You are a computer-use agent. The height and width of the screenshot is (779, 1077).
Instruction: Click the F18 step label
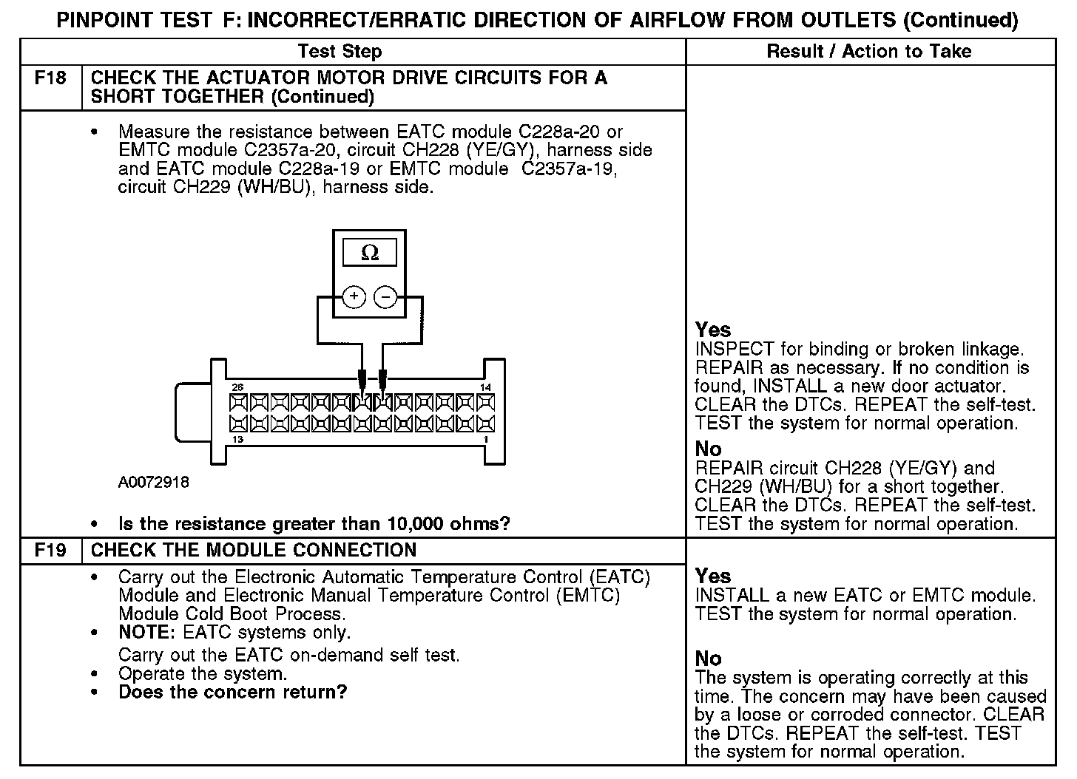coord(50,78)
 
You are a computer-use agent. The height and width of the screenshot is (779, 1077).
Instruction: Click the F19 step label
coord(50,551)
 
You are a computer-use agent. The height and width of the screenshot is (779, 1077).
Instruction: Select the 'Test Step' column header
coord(340,52)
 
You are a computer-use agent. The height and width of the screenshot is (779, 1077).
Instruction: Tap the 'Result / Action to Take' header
coord(869,52)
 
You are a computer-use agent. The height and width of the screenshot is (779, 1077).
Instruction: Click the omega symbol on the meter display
coord(369,254)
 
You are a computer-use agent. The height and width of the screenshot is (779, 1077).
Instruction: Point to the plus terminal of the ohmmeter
coord(354,297)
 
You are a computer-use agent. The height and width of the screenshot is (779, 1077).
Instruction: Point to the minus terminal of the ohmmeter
coord(385,297)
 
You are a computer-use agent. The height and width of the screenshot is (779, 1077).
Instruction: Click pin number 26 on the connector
coord(237,387)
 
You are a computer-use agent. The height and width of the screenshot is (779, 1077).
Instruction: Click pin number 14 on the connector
coord(485,387)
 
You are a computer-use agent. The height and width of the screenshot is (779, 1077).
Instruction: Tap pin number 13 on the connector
coord(237,440)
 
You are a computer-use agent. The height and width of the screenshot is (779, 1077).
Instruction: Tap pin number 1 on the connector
coord(485,440)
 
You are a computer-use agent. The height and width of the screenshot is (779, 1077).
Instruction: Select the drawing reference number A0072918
coord(154,483)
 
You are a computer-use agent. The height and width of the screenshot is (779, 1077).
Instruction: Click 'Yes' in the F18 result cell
coord(713,330)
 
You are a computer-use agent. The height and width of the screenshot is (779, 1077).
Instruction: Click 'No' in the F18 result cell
coord(708,449)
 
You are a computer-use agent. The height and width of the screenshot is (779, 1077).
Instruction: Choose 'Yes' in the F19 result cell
coord(713,576)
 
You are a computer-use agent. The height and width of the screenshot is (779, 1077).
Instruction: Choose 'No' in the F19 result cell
coord(708,659)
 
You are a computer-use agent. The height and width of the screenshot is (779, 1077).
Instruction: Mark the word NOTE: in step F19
coord(148,633)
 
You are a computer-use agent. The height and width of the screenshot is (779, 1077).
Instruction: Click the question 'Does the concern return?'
coord(232,693)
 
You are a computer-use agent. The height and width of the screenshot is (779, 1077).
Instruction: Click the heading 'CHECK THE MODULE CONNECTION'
coord(254,551)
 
